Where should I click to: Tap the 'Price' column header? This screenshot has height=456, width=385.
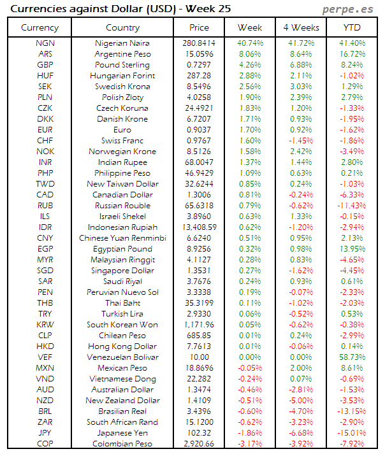point(199,27)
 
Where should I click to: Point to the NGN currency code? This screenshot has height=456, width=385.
point(45,43)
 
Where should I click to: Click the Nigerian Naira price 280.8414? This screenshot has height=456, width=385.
point(199,43)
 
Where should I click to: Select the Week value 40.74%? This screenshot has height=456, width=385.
point(249,43)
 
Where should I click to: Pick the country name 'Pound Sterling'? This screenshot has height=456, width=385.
point(122,64)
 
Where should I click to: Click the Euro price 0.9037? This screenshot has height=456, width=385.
point(199,129)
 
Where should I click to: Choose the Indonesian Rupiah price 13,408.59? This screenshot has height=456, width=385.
point(199,227)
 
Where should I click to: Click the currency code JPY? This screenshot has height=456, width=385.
point(45,432)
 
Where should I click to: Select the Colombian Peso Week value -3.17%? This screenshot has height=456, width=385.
point(249,443)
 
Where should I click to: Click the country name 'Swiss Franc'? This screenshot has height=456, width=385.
point(122,140)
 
